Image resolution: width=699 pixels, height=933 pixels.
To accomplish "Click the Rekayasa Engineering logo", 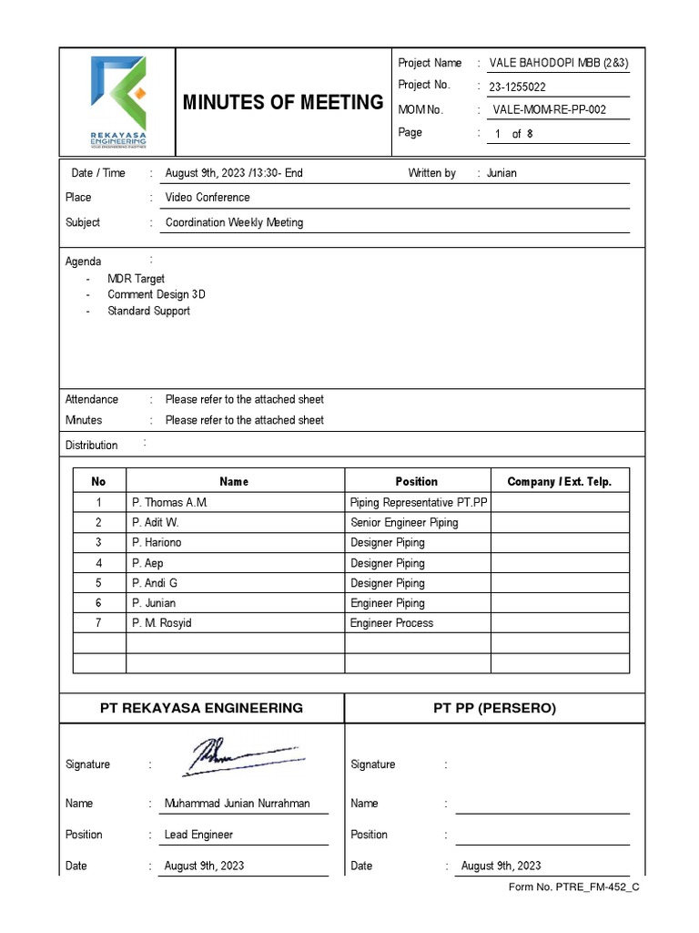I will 117,101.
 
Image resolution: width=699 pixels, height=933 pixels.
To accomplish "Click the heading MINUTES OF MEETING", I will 283,102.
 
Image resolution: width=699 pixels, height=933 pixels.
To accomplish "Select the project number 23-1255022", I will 518,87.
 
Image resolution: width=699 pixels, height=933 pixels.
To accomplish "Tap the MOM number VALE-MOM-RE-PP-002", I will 549,110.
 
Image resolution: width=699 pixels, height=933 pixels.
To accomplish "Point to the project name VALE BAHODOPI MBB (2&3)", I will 559,63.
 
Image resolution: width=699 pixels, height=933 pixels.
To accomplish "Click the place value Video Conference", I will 208,197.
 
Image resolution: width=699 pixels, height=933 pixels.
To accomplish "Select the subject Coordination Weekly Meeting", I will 234,222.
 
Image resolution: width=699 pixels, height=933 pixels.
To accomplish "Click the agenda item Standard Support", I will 148,311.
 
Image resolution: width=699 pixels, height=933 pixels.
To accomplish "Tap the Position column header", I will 416,481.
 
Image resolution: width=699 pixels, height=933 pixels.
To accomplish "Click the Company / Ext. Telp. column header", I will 559,481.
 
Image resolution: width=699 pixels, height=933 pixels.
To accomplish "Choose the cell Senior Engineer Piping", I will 404,522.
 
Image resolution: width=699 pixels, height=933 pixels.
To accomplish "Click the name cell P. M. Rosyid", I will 162,623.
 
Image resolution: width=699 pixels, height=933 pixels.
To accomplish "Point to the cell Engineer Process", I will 391,623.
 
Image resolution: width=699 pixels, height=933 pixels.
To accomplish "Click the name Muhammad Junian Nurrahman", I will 237,804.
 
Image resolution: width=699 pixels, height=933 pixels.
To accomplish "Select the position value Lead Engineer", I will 198,835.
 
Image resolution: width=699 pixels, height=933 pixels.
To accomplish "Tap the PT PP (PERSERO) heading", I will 495,708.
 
